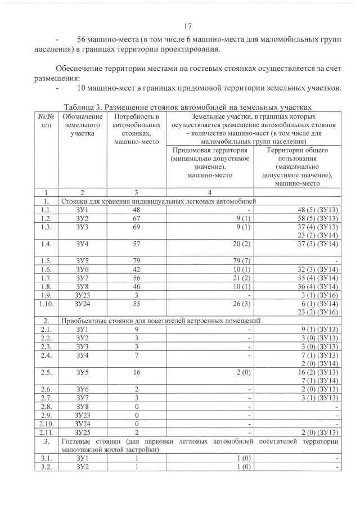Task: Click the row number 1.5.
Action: click(47, 260)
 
